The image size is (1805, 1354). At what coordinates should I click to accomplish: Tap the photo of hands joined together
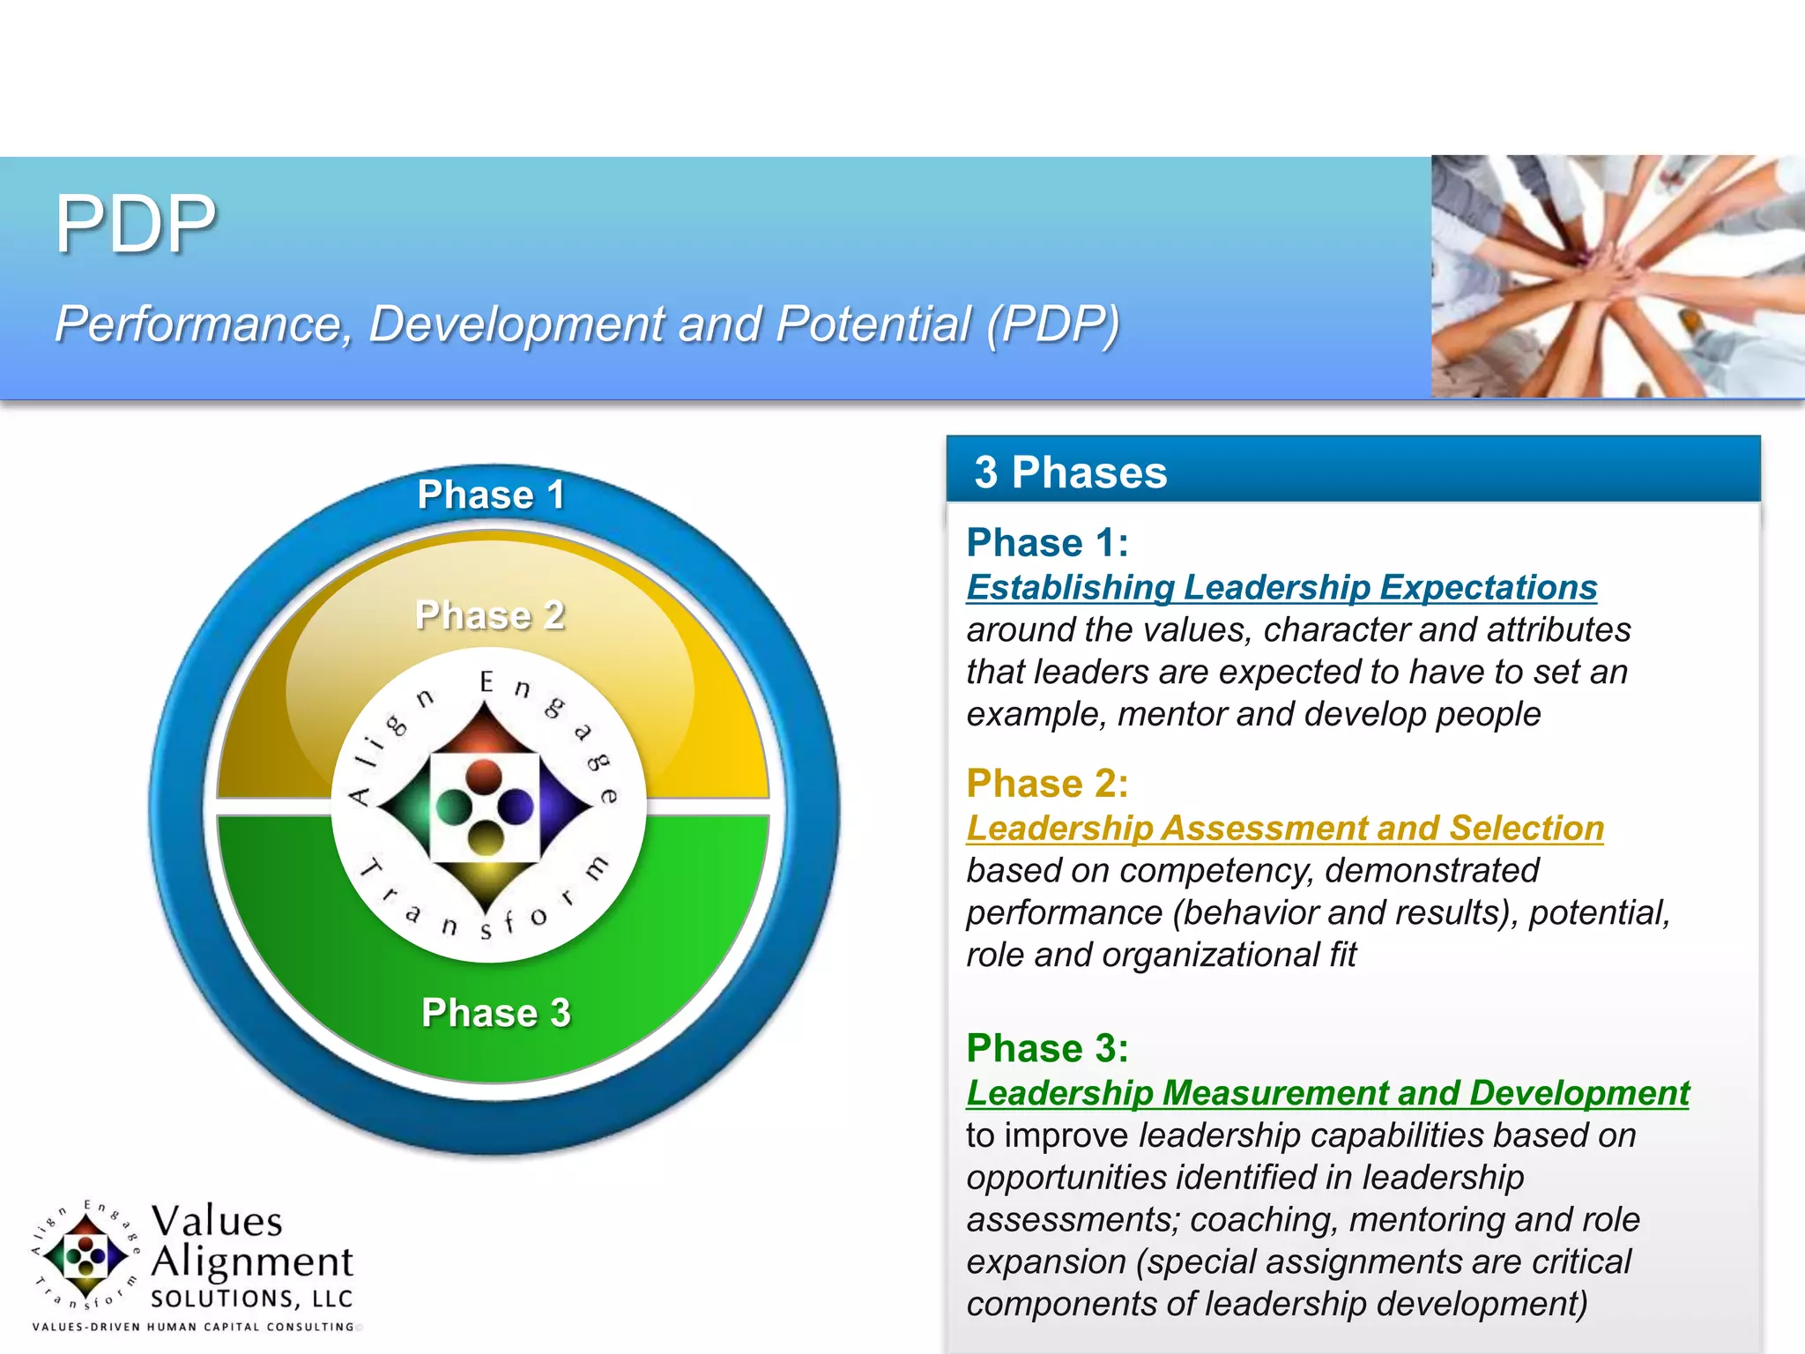coord(1617,276)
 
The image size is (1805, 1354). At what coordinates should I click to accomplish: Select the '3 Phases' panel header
coord(1070,472)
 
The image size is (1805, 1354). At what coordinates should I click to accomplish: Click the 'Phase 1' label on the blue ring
coord(491,495)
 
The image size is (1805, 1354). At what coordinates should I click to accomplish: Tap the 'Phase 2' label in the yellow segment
coord(490,615)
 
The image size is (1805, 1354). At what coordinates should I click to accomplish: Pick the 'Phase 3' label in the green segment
coord(495,1012)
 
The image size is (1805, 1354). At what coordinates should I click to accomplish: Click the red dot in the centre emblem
coord(483,777)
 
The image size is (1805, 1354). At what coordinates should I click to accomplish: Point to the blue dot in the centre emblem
coord(516,806)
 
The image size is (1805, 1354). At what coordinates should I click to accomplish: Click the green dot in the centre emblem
coord(454,806)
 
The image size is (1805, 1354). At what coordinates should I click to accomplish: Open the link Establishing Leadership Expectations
coord(1281,587)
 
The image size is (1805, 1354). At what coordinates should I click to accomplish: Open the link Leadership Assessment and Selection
coord(1284,828)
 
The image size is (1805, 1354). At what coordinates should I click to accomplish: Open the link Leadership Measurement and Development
coord(1327,1092)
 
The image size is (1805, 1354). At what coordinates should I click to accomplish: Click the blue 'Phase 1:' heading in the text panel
coord(1047,542)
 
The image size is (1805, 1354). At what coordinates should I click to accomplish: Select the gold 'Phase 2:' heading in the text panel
coord(1047,783)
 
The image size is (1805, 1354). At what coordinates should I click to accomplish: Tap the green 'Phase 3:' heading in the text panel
coord(1047,1048)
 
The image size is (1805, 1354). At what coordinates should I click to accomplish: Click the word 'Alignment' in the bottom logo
coord(252,1262)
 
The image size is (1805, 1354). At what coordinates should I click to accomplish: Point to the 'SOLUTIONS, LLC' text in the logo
coord(252,1298)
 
